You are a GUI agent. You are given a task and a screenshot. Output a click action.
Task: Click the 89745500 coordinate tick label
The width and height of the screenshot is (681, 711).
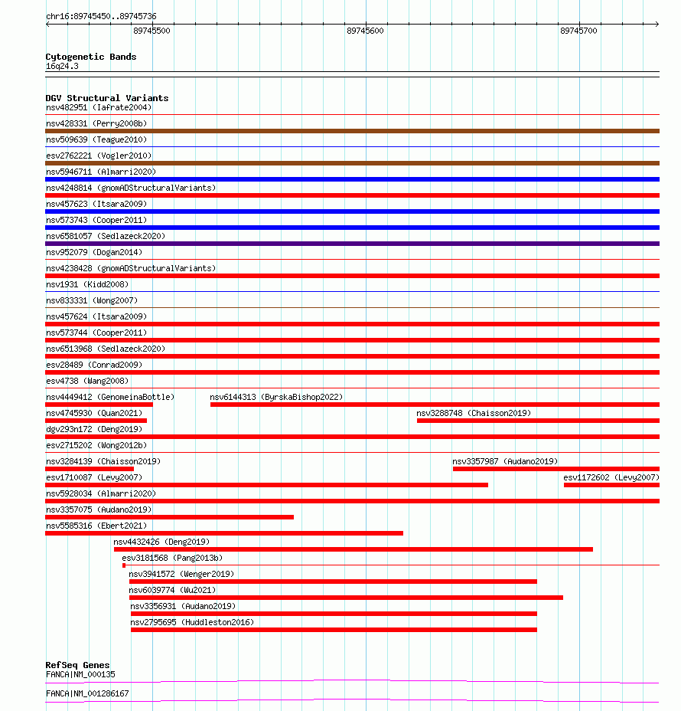point(152,31)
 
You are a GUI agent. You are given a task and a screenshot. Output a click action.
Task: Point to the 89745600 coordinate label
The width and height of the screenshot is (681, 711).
point(365,31)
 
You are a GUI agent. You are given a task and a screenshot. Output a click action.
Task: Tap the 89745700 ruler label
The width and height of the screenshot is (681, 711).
point(578,31)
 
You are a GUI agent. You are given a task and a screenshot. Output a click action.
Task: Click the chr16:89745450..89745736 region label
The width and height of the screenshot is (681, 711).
point(101,16)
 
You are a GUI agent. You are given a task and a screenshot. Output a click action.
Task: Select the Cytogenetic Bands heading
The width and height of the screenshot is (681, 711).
point(91,57)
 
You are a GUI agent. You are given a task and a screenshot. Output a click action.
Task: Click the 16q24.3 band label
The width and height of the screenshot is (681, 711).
point(62,66)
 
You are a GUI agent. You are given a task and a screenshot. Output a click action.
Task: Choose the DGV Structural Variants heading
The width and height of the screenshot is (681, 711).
point(107,98)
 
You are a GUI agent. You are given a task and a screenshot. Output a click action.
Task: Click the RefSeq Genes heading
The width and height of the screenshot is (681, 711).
point(77,665)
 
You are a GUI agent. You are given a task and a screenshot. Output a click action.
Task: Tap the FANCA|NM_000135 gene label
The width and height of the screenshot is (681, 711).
point(80,674)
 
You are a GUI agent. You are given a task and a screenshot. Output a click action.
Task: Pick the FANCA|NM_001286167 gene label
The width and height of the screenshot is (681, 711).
point(87,693)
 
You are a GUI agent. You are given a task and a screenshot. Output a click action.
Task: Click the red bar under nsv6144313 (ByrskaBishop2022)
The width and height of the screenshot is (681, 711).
point(435,405)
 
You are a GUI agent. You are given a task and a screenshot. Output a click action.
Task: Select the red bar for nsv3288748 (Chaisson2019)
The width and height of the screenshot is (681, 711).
point(538,421)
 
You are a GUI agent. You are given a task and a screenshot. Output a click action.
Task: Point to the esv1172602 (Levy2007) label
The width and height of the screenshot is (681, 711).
point(611,477)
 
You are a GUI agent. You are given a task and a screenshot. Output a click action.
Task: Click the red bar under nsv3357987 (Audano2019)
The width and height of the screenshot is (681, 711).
point(556,469)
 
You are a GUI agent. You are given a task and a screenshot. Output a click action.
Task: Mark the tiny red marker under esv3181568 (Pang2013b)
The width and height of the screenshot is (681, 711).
point(124,565)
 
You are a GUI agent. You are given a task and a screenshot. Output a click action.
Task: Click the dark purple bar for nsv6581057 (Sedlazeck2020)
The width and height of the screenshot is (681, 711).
point(352,244)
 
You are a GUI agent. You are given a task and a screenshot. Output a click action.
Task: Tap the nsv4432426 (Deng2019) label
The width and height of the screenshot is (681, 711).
point(161,542)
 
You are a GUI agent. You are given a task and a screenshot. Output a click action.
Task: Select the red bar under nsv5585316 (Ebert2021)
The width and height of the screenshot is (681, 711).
point(224,533)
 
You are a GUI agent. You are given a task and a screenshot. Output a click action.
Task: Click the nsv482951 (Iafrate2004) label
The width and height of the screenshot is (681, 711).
point(99,107)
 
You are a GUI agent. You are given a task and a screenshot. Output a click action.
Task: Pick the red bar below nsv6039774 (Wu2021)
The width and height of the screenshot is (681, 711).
point(346,598)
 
